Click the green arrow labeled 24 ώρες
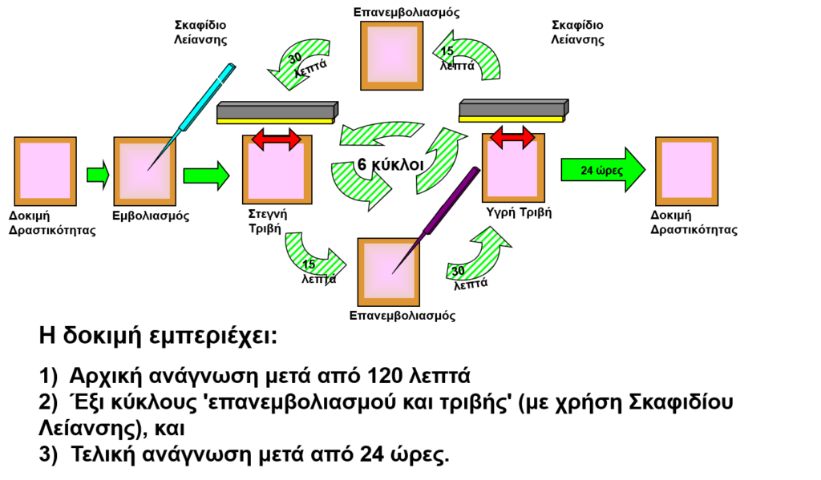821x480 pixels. coord(603,170)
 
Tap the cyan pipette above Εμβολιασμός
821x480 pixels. coord(192,117)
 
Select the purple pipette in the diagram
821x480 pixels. coord(435,220)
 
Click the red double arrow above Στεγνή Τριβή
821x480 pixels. coord(277,139)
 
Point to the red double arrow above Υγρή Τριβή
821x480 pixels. coord(512,136)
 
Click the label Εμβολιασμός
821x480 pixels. coord(151,216)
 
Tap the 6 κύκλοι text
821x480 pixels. coord(390,164)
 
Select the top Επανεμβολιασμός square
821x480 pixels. coord(391,56)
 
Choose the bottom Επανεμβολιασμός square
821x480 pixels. coord(389,272)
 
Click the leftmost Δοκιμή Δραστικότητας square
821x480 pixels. coord(46,171)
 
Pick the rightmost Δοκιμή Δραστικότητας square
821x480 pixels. coord(687,171)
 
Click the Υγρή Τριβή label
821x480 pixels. coord(519,212)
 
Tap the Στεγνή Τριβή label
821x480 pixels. coord(268,221)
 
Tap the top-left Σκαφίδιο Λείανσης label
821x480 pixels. coord(200,32)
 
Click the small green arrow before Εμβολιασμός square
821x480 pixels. coord(98,175)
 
